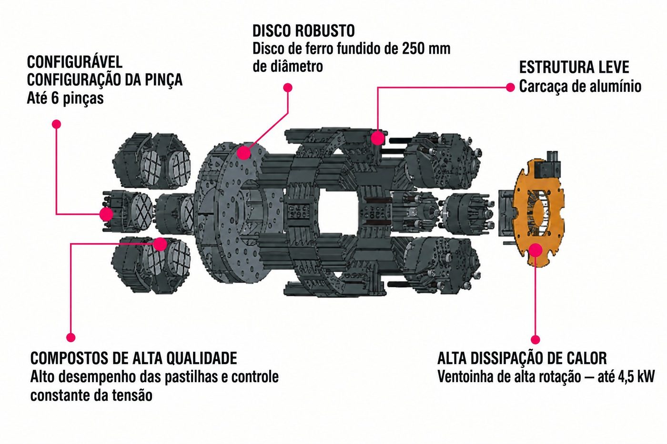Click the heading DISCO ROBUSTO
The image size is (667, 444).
(304, 30)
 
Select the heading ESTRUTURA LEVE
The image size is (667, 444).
(574, 67)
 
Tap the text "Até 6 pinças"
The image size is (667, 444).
(65, 98)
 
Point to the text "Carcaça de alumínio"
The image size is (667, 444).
(580, 86)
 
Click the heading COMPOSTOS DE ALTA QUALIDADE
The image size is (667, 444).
(134, 358)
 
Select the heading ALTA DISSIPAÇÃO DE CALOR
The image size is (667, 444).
(522, 358)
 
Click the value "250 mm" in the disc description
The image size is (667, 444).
(426, 49)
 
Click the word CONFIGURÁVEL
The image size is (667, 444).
(75, 62)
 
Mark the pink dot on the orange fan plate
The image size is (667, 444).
(536, 250)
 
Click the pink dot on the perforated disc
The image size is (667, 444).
(243, 153)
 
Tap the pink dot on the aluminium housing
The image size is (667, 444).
(377, 138)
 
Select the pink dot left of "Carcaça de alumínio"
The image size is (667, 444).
(510, 87)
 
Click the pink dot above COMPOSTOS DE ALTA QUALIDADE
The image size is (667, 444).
(71, 337)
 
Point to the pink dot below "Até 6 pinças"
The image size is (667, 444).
(56, 124)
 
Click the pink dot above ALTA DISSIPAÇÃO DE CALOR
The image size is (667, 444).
(536, 339)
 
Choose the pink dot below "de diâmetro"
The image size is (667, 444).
(288, 88)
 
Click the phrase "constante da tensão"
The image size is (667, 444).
(91, 395)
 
